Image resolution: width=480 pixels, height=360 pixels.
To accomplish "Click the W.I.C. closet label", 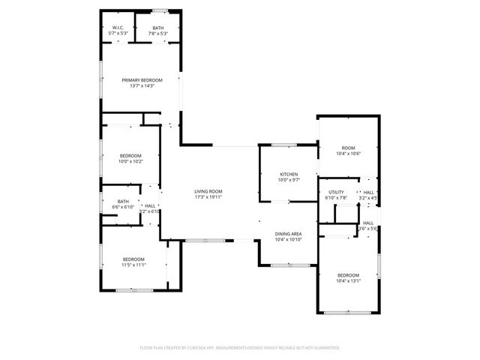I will [x=118, y=28].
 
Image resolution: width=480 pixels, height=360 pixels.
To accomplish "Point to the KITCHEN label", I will [x=289, y=174].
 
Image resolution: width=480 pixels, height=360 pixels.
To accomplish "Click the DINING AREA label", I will [x=288, y=234].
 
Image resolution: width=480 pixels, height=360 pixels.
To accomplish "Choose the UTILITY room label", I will [x=336, y=192].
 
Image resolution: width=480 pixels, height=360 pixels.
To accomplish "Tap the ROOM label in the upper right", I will [x=348, y=147].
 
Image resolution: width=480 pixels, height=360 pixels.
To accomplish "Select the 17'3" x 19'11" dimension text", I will [x=208, y=197].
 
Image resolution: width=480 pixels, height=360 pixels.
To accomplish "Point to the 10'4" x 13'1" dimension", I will [x=348, y=280].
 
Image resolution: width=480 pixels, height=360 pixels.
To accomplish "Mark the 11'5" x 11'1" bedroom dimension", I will [x=133, y=265].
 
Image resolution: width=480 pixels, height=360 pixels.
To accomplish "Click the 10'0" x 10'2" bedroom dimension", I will [x=130, y=161].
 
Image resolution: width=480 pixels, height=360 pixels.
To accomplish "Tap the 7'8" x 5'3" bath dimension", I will [x=157, y=34].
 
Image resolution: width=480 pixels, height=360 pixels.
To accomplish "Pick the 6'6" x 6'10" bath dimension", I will [x=123, y=206].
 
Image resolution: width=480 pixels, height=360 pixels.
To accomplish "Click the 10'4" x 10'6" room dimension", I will [x=348, y=153].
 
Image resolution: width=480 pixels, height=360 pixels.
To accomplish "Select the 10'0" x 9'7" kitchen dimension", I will [x=289, y=180].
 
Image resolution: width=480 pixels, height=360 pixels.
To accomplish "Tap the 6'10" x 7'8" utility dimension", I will [x=336, y=198].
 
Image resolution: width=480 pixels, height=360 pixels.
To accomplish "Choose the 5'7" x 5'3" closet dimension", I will [x=118, y=34].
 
